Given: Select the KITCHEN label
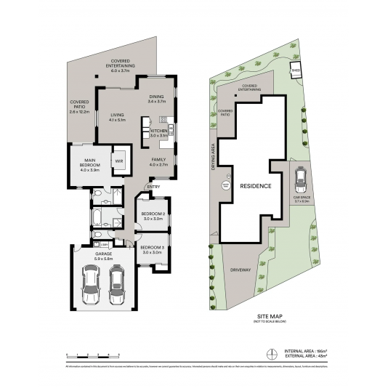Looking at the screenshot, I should coord(158,133).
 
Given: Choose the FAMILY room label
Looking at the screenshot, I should coord(158,161).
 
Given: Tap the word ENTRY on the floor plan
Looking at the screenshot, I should coord(153,187).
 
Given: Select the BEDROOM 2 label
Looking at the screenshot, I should coord(153,215).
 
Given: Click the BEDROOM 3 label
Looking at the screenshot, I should coord(153,250).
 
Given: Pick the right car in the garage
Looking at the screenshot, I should coord(118,285).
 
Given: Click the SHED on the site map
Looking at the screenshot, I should coord(296,71).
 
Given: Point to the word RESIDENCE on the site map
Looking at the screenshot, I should coord(256,186).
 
